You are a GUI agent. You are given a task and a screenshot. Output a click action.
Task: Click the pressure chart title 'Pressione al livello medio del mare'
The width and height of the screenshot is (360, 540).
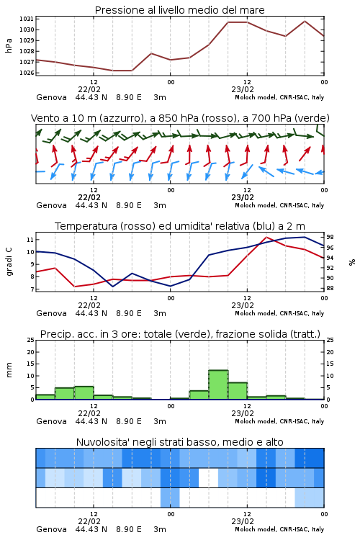click(179, 10)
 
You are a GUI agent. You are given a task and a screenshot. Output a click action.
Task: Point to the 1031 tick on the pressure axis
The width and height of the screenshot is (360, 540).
click(27, 19)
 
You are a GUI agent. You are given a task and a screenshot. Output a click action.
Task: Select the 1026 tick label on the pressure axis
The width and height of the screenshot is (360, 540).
click(27, 73)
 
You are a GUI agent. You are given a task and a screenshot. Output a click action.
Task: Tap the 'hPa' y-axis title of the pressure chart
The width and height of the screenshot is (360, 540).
click(9, 45)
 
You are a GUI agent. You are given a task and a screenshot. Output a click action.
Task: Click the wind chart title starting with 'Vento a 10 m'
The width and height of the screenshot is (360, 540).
click(180, 118)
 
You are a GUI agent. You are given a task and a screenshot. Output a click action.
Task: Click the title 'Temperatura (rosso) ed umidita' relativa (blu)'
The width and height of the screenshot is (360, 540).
click(180, 226)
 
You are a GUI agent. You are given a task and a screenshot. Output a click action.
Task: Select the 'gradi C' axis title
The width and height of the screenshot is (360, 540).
click(9, 261)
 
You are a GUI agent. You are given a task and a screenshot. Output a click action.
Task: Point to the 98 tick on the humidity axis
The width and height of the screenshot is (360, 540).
click(330, 237)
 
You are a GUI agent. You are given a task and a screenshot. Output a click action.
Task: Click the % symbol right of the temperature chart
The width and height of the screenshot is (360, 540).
click(352, 262)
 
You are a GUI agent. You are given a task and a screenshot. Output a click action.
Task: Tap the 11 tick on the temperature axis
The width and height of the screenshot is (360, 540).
click(30, 239)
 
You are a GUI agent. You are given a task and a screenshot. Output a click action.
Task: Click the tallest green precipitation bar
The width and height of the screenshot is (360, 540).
click(218, 384)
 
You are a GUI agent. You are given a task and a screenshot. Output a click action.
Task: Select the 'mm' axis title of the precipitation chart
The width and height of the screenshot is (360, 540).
click(9, 369)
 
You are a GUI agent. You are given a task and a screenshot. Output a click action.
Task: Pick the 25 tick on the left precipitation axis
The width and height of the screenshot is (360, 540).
click(31, 340)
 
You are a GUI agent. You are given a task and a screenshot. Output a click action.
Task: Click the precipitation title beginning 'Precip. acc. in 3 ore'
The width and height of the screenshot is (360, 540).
click(180, 334)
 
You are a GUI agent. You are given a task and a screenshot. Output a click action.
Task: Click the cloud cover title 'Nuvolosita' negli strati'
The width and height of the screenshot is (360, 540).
click(179, 442)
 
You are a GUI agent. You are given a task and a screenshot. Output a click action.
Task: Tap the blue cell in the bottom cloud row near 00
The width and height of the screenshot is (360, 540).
click(170, 498)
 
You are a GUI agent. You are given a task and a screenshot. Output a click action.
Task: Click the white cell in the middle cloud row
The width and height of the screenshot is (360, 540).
click(209, 478)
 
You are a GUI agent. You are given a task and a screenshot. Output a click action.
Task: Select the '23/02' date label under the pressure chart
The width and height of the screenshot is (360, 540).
click(243, 89)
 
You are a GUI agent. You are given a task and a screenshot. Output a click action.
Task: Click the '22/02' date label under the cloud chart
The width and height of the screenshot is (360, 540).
click(89, 521)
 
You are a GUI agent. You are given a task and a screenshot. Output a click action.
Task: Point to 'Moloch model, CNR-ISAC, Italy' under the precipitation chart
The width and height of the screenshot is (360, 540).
click(279, 421)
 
